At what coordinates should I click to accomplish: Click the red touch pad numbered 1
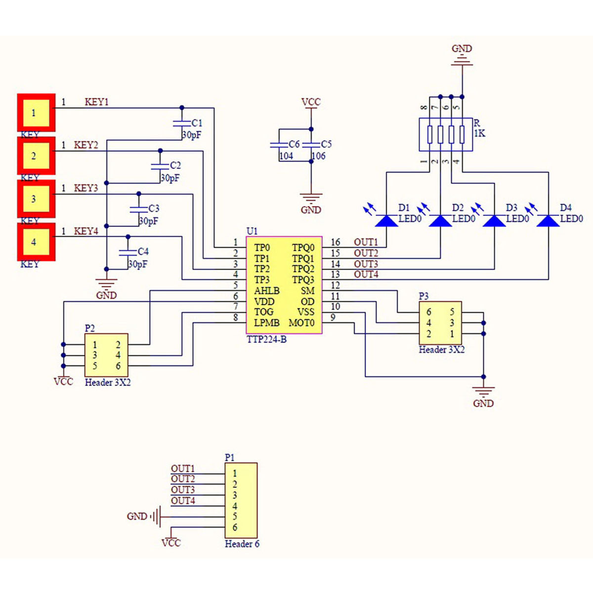click(36, 113)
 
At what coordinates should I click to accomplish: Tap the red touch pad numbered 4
click(36, 242)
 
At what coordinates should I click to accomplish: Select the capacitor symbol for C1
click(181, 123)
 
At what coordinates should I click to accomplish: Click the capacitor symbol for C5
click(311, 145)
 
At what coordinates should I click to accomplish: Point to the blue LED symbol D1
click(386, 220)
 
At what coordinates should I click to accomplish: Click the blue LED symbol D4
click(548, 220)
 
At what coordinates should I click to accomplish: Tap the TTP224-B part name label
click(266, 339)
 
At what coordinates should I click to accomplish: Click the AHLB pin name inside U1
click(267, 291)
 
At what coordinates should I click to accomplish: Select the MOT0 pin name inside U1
click(301, 323)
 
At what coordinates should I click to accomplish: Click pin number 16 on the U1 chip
click(336, 242)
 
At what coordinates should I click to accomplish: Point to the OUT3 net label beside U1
click(366, 264)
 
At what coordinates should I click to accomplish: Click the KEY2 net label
click(86, 145)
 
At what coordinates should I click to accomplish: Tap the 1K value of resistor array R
click(479, 133)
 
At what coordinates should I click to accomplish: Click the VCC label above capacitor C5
click(311, 102)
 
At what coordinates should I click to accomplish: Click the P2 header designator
click(90, 328)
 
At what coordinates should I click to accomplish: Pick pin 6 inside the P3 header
click(429, 312)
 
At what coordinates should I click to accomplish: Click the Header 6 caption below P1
click(242, 544)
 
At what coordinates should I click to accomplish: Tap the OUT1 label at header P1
click(183, 468)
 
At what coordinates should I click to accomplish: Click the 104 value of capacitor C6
click(286, 156)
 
